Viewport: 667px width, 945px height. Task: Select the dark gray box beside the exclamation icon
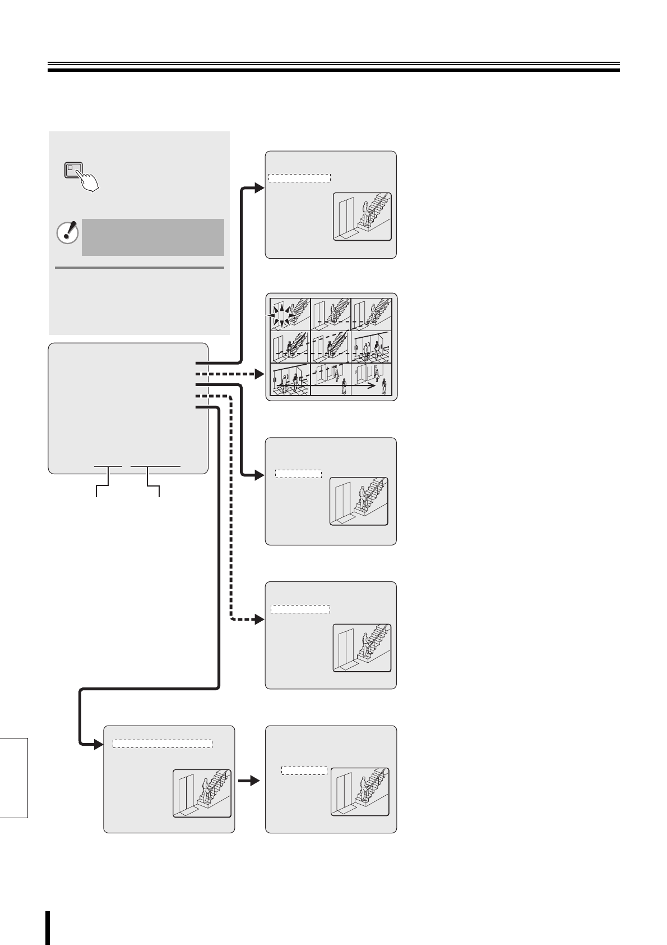click(x=152, y=237)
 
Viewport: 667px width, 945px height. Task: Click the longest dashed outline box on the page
click(x=163, y=744)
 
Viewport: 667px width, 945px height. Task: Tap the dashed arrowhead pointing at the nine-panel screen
click(x=260, y=374)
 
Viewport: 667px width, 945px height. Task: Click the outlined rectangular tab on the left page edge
click(x=13, y=778)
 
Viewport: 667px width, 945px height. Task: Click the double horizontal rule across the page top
click(x=333, y=67)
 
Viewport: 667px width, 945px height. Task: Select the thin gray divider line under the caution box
click(x=140, y=268)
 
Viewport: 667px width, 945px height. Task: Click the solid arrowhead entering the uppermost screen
click(x=260, y=188)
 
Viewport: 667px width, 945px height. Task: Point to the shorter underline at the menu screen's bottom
click(x=108, y=466)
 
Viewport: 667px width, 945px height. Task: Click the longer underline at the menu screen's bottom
click(x=155, y=466)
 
